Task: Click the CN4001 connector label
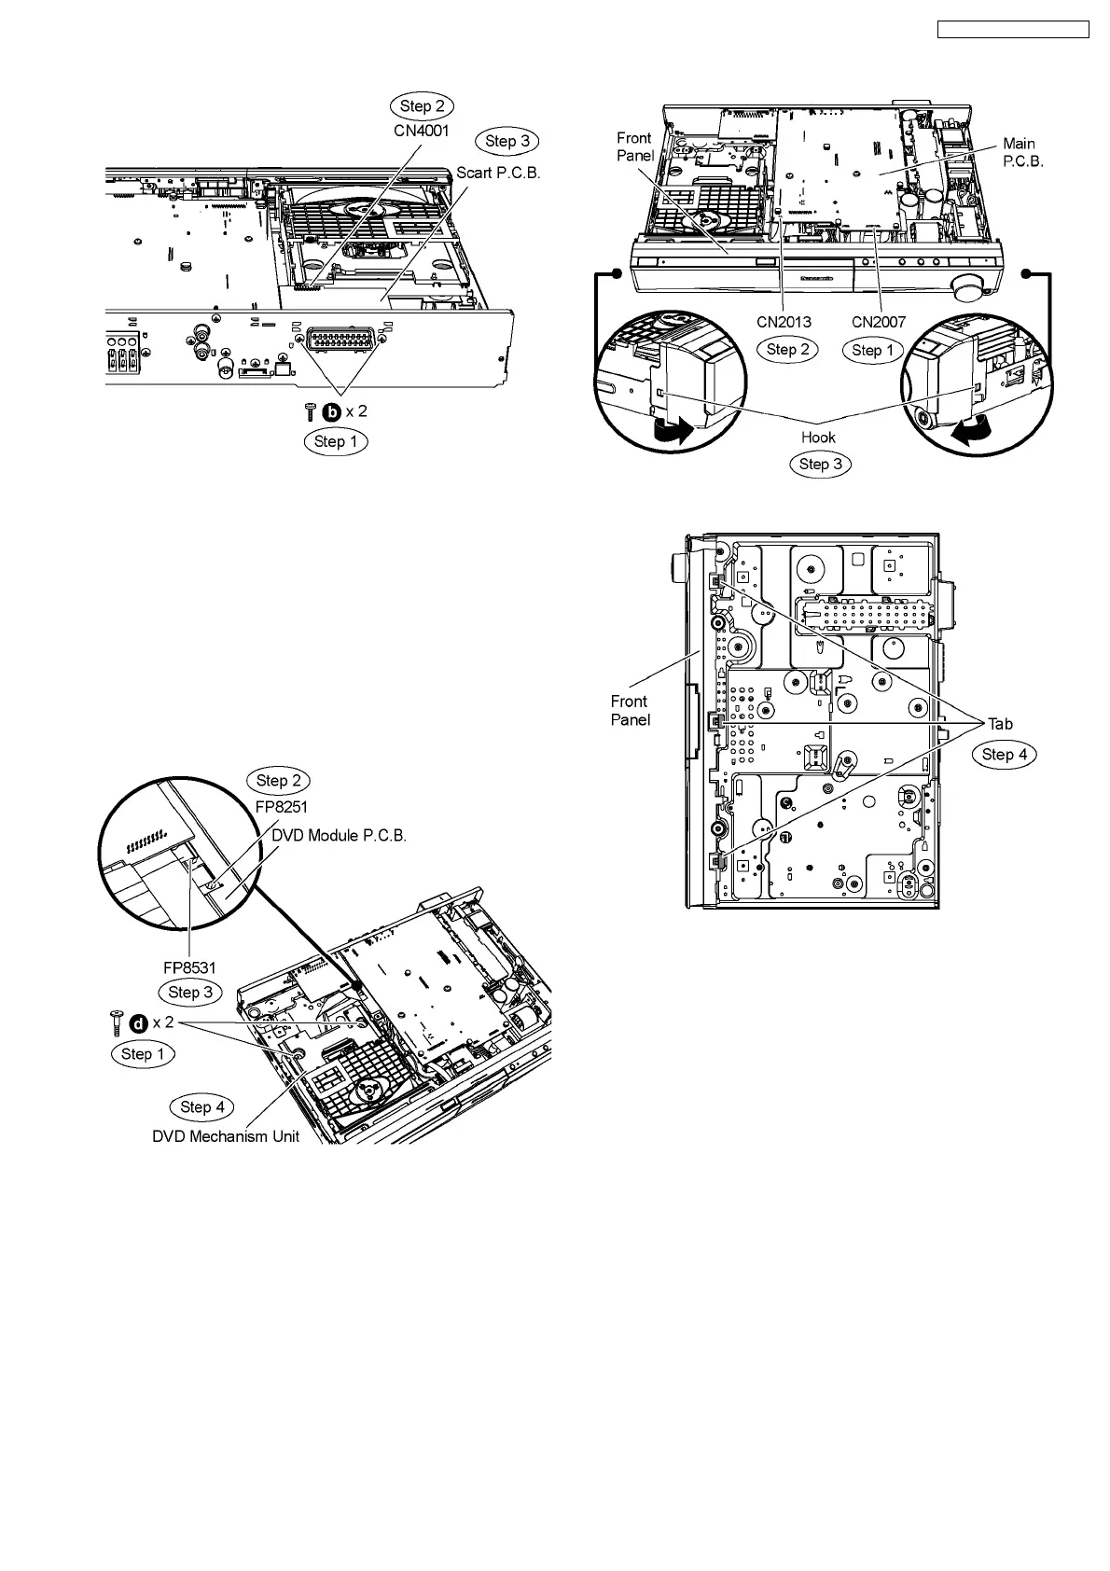[x=422, y=132]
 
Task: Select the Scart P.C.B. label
[x=498, y=174]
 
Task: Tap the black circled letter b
[x=331, y=410]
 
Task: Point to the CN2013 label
[x=784, y=322]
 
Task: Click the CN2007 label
[x=879, y=322]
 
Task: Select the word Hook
[x=818, y=437]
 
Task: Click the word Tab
[x=1000, y=724]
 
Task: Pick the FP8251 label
[x=282, y=807]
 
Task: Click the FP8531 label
[x=190, y=967]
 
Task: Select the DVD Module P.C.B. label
[x=340, y=835]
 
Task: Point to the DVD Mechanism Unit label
[x=226, y=1137]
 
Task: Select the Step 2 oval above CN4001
[x=422, y=105]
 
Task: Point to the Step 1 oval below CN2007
[x=872, y=350]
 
